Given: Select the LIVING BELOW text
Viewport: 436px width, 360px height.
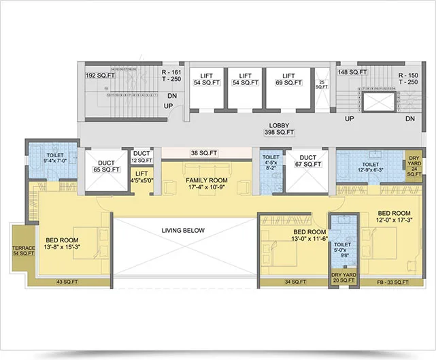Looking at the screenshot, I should (x=183, y=231).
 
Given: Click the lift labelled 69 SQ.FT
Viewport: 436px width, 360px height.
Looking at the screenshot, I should (x=288, y=79).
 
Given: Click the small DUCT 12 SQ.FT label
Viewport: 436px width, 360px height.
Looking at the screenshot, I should (x=142, y=157).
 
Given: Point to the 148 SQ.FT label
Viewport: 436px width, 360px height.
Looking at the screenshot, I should (x=352, y=71).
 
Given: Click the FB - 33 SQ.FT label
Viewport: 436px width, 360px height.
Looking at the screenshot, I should (x=392, y=281).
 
